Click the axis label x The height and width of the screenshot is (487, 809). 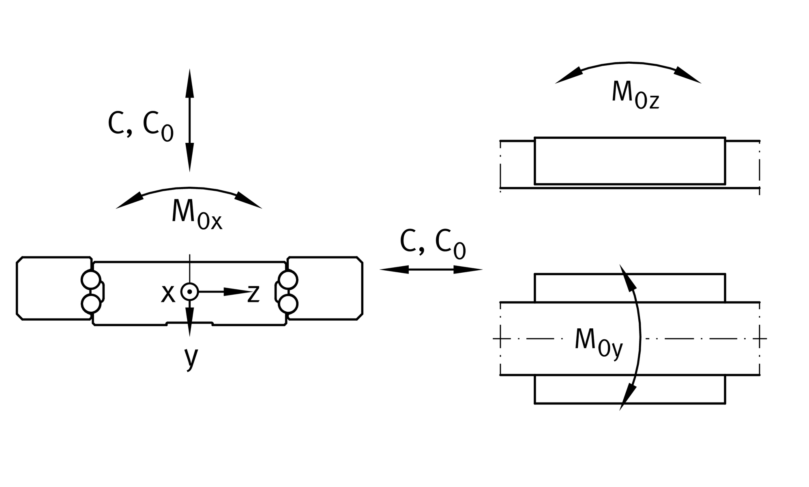click(x=168, y=293)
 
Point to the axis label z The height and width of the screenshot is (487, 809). click(x=253, y=293)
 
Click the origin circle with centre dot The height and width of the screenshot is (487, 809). click(x=189, y=291)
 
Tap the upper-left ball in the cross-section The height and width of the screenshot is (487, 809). click(x=91, y=280)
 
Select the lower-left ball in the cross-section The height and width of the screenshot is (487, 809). click(x=91, y=304)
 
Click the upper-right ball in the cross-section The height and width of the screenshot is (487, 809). click(x=288, y=280)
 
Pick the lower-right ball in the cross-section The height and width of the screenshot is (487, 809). click(x=288, y=304)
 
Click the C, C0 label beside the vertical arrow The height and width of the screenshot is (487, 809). click(x=141, y=126)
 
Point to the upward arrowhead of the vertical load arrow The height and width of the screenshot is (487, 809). click(x=189, y=83)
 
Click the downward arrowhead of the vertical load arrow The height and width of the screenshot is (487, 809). click(x=189, y=157)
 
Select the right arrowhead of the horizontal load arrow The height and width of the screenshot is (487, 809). click(x=468, y=269)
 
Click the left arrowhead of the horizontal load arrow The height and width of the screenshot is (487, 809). click(x=394, y=269)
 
